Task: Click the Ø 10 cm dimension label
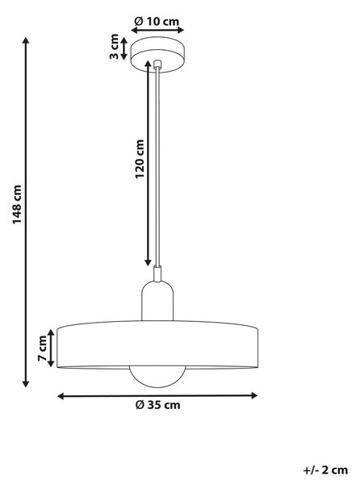[x=157, y=21]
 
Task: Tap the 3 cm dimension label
[x=115, y=47]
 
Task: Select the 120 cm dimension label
[x=140, y=159]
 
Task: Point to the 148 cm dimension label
[x=17, y=205]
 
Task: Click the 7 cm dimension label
[x=42, y=348]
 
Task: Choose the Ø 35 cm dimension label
[x=157, y=405]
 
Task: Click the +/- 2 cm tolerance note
[x=326, y=470]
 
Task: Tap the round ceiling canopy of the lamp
[x=157, y=55]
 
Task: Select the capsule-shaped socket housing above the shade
[x=157, y=301]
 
